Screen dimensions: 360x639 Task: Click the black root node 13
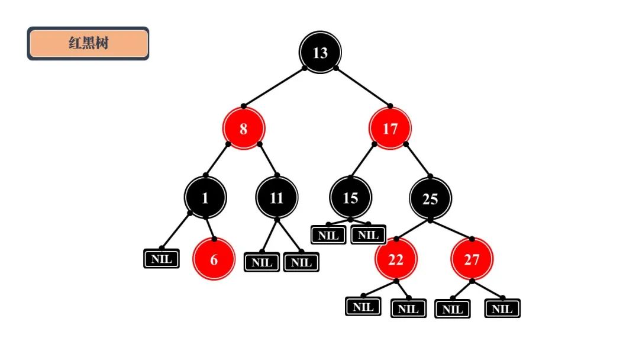(320, 53)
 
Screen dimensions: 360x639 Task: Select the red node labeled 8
(244, 128)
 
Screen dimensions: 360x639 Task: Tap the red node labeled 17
(390, 128)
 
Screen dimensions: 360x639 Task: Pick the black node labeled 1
(205, 198)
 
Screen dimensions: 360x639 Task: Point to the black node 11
(277, 198)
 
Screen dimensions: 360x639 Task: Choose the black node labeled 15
(350, 198)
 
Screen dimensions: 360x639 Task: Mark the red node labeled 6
(214, 259)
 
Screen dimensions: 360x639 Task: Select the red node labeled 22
(396, 259)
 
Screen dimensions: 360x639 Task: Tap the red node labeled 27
(472, 259)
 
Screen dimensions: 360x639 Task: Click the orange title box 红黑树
(88, 43)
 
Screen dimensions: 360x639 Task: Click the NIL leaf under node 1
(162, 259)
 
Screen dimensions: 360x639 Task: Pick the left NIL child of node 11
(262, 262)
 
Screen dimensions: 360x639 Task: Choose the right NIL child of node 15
(368, 234)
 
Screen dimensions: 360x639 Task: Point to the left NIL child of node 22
(363, 307)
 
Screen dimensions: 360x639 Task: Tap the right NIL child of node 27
(502, 308)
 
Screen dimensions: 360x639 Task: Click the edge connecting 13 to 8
(274, 87)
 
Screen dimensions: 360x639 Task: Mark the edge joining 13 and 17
(363, 87)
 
